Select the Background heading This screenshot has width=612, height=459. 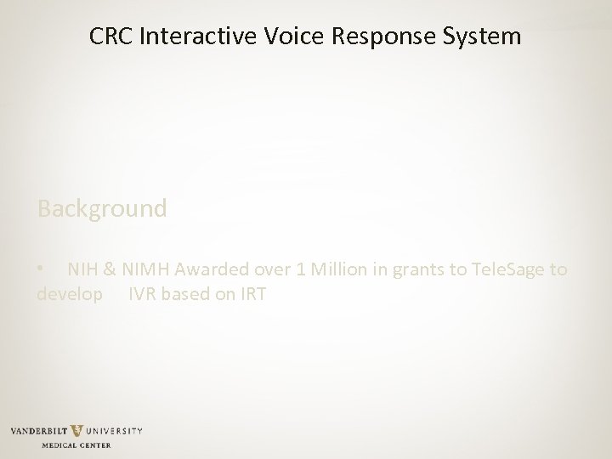(102, 208)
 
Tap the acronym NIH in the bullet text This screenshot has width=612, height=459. (83, 269)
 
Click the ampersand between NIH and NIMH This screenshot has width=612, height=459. (110, 269)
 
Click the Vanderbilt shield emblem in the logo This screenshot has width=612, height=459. (76, 431)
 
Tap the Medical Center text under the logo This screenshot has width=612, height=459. (77, 445)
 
